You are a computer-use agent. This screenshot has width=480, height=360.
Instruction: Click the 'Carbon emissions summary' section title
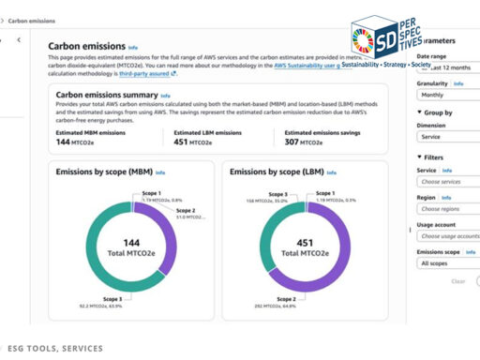[x=105, y=96]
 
